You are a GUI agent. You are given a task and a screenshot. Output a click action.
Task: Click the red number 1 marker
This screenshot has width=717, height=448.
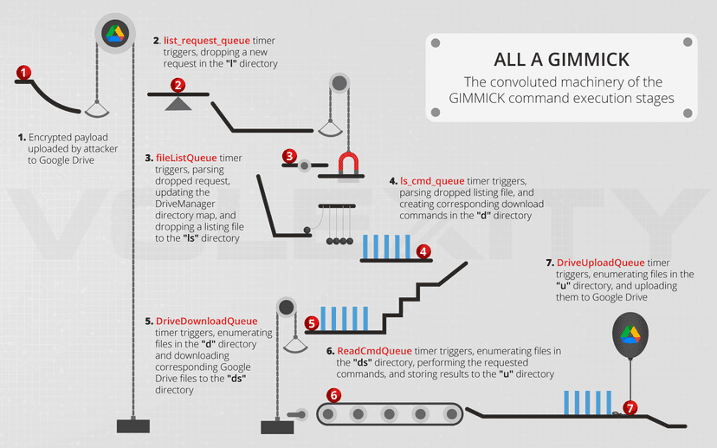(x=23, y=72)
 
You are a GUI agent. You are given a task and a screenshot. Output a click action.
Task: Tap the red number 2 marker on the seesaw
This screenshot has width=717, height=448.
(x=178, y=85)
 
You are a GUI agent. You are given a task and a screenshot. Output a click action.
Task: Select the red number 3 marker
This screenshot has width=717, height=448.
(x=289, y=156)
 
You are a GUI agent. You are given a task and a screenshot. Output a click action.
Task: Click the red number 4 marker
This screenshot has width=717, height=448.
(x=423, y=251)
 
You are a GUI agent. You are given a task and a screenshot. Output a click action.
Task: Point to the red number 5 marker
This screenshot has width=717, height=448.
(x=312, y=323)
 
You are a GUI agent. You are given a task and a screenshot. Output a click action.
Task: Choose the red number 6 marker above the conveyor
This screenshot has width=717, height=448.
(x=333, y=395)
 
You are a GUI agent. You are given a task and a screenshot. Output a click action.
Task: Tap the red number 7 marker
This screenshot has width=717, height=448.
(x=630, y=407)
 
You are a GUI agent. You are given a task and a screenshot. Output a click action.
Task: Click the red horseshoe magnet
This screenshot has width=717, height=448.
(x=348, y=164)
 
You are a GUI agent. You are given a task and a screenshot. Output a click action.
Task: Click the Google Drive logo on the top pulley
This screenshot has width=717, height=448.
(x=115, y=34)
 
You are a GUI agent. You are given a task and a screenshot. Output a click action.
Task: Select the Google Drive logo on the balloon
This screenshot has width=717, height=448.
(x=630, y=334)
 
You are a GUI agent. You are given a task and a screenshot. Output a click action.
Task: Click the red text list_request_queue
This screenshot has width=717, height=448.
(x=207, y=41)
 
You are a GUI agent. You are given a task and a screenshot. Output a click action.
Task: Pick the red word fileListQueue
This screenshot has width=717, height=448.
(x=186, y=158)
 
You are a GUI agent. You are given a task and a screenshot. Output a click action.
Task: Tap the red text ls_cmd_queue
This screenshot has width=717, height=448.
(x=432, y=181)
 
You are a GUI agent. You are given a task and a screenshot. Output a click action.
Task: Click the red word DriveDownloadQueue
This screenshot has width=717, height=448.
(x=206, y=321)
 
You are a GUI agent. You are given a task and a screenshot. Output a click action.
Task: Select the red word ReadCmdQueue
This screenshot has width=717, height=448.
(x=374, y=351)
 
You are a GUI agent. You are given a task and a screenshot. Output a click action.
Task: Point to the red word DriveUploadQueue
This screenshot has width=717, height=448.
(x=600, y=263)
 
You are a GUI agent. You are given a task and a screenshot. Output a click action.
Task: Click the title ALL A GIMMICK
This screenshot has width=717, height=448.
(x=561, y=60)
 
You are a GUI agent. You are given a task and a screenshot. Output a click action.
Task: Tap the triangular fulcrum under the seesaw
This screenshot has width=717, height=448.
(x=178, y=103)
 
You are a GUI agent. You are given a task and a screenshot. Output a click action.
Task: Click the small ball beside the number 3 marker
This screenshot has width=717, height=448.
(x=304, y=166)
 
